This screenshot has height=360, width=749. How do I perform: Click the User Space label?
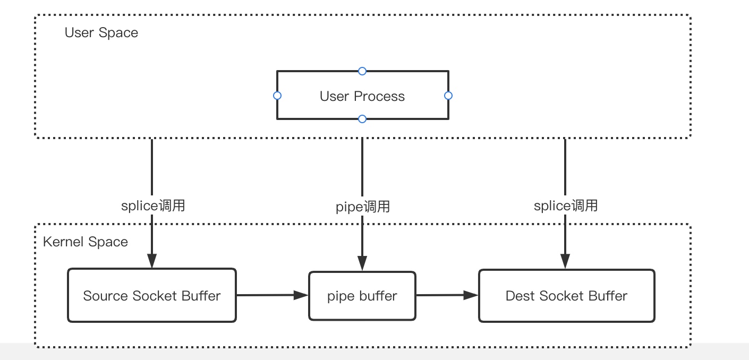[101, 32]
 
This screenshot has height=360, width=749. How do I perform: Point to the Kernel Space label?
[85, 242]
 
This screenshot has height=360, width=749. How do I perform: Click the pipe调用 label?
[363, 207]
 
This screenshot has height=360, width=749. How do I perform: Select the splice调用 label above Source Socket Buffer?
[153, 205]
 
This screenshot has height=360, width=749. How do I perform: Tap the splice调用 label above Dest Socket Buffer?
[566, 205]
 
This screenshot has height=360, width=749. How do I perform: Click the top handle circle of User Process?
[362, 71]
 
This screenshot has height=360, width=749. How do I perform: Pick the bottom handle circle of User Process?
[362, 119]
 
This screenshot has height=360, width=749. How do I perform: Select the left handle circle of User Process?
[277, 96]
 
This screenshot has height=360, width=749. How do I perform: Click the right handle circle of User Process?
[448, 96]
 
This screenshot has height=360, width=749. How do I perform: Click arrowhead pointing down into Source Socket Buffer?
[152, 261]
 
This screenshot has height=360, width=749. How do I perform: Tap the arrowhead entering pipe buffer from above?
[362, 263]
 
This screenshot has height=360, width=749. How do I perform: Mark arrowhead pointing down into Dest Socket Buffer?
[565, 261]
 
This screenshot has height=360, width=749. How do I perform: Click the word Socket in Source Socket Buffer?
[155, 296]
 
